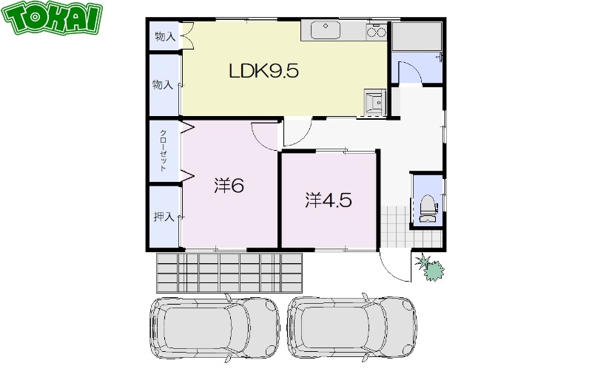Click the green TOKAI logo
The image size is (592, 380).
(x=52, y=17)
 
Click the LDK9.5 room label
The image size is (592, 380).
(x=264, y=70)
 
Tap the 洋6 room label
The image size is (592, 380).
(x=229, y=185)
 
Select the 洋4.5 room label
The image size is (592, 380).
(x=329, y=200)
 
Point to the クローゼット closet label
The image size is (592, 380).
(x=164, y=151)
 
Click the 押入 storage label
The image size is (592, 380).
(x=164, y=217)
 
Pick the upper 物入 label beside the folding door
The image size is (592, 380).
(x=165, y=37)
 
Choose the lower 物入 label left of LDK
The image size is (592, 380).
(x=162, y=84)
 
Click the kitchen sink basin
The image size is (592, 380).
(x=326, y=30)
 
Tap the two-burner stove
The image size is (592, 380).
(x=377, y=31)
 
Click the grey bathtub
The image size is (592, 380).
(x=417, y=36)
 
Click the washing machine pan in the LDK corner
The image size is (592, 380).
(x=375, y=102)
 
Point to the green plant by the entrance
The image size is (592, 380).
(x=430, y=267)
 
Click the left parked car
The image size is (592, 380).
(x=215, y=328)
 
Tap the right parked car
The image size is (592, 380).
(x=352, y=327)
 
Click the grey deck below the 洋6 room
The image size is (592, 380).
(x=229, y=273)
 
